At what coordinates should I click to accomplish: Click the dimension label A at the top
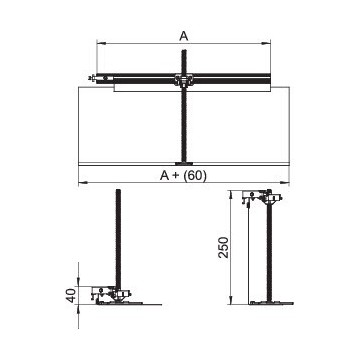(184, 36)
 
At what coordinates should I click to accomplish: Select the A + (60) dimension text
(183, 175)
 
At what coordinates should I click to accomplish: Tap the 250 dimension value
(224, 247)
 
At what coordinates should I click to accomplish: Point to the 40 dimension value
(72, 295)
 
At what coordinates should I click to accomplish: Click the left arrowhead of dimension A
(101, 43)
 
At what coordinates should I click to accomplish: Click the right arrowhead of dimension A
(266, 43)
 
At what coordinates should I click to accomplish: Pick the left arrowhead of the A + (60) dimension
(83, 182)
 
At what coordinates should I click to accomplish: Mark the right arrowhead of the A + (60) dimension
(285, 182)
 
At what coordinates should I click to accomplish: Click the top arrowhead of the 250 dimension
(231, 195)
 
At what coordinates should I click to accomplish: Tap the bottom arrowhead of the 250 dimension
(231, 300)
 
